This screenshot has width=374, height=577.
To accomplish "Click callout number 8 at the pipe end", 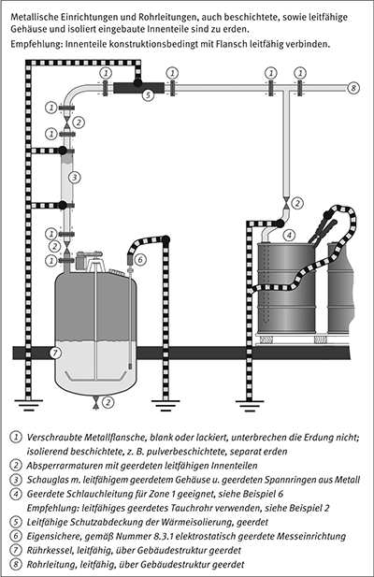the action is pos(353,88).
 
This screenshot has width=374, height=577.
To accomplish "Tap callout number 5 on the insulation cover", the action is pos(148,95).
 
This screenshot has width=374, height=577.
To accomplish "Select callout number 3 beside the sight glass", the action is pos(75,178).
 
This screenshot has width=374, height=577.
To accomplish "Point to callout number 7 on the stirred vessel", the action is pos(55,353).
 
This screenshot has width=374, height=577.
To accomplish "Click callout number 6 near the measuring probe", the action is pos(139,260).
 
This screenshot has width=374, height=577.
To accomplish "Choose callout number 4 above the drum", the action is pos(290,235).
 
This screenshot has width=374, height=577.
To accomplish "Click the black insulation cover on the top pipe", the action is pos(138,88).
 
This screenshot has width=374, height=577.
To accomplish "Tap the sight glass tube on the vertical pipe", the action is pos(66,178).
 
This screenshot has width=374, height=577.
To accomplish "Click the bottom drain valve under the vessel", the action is pos(96,402).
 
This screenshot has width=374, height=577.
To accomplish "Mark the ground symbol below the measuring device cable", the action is pos(166,404).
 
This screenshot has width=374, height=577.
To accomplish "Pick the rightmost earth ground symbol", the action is pos(250,405).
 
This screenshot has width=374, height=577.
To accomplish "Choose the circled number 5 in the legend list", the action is pos(16,522).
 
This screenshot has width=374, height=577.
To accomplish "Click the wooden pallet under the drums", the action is pos(302,339).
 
